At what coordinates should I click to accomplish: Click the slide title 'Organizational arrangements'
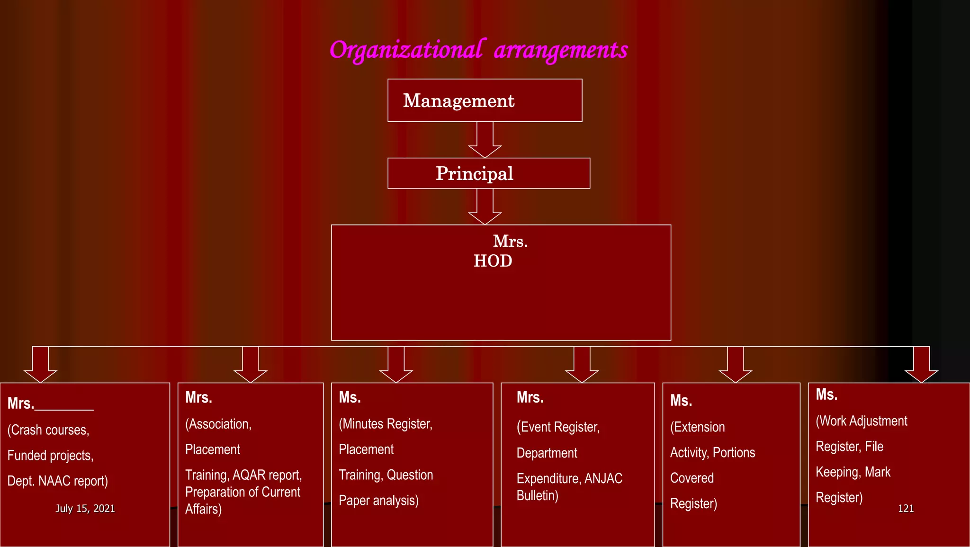(x=478, y=50)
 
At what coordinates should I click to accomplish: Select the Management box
(x=485, y=100)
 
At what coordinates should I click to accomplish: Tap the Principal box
(x=488, y=173)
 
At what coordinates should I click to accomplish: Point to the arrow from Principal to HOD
(x=485, y=206)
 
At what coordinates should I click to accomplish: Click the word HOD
(x=493, y=261)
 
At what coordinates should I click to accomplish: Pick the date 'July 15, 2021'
(x=85, y=508)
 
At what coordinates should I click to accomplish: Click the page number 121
(x=906, y=508)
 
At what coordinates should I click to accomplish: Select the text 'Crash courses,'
(x=49, y=430)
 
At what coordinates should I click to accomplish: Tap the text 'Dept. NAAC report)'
(x=58, y=481)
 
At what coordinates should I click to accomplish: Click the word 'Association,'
(x=218, y=424)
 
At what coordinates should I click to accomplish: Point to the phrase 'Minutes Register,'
(x=386, y=424)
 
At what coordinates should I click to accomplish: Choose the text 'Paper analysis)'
(x=378, y=501)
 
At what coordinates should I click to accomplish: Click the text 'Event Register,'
(x=558, y=427)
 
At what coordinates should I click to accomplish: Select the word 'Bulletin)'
(x=537, y=496)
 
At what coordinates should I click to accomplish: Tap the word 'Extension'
(x=698, y=427)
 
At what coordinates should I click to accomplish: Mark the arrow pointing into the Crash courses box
(x=41, y=365)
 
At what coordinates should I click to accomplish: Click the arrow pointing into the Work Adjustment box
(x=921, y=365)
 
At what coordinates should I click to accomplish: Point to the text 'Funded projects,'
(x=51, y=456)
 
